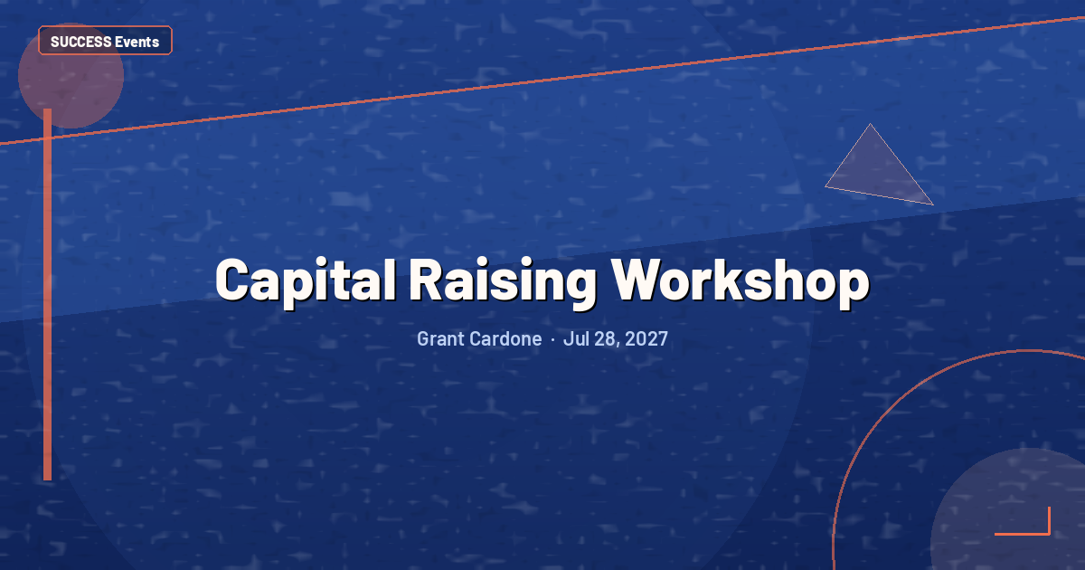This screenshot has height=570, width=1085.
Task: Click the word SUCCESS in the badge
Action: pyautogui.click(x=80, y=43)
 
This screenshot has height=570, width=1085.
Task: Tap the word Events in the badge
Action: pyautogui.click(x=137, y=43)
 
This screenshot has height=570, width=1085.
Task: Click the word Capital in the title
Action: pyautogui.click(x=307, y=281)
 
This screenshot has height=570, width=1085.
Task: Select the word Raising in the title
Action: pyautogui.click(x=504, y=281)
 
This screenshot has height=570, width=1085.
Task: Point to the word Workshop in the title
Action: pyautogui.click(x=741, y=281)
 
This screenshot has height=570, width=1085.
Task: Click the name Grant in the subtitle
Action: pyautogui.click(x=444, y=338)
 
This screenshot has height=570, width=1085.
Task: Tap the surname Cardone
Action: pyautogui.click(x=508, y=338)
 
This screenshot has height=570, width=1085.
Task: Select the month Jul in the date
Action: pyautogui.click(x=577, y=338)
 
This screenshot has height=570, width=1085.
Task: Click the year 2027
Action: pyautogui.click(x=646, y=338)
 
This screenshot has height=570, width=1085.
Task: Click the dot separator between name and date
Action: pyautogui.click(x=552, y=340)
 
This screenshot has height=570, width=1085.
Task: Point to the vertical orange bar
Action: pyautogui.click(x=47, y=294)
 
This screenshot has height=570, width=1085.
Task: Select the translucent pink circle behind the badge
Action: pyautogui.click(x=71, y=76)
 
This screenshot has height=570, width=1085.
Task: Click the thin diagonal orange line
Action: pyautogui.click(x=542, y=81)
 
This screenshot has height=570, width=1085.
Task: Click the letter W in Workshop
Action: pyautogui.click(x=636, y=280)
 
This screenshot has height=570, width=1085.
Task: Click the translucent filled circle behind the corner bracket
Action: pyautogui.click(x=1008, y=508)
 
